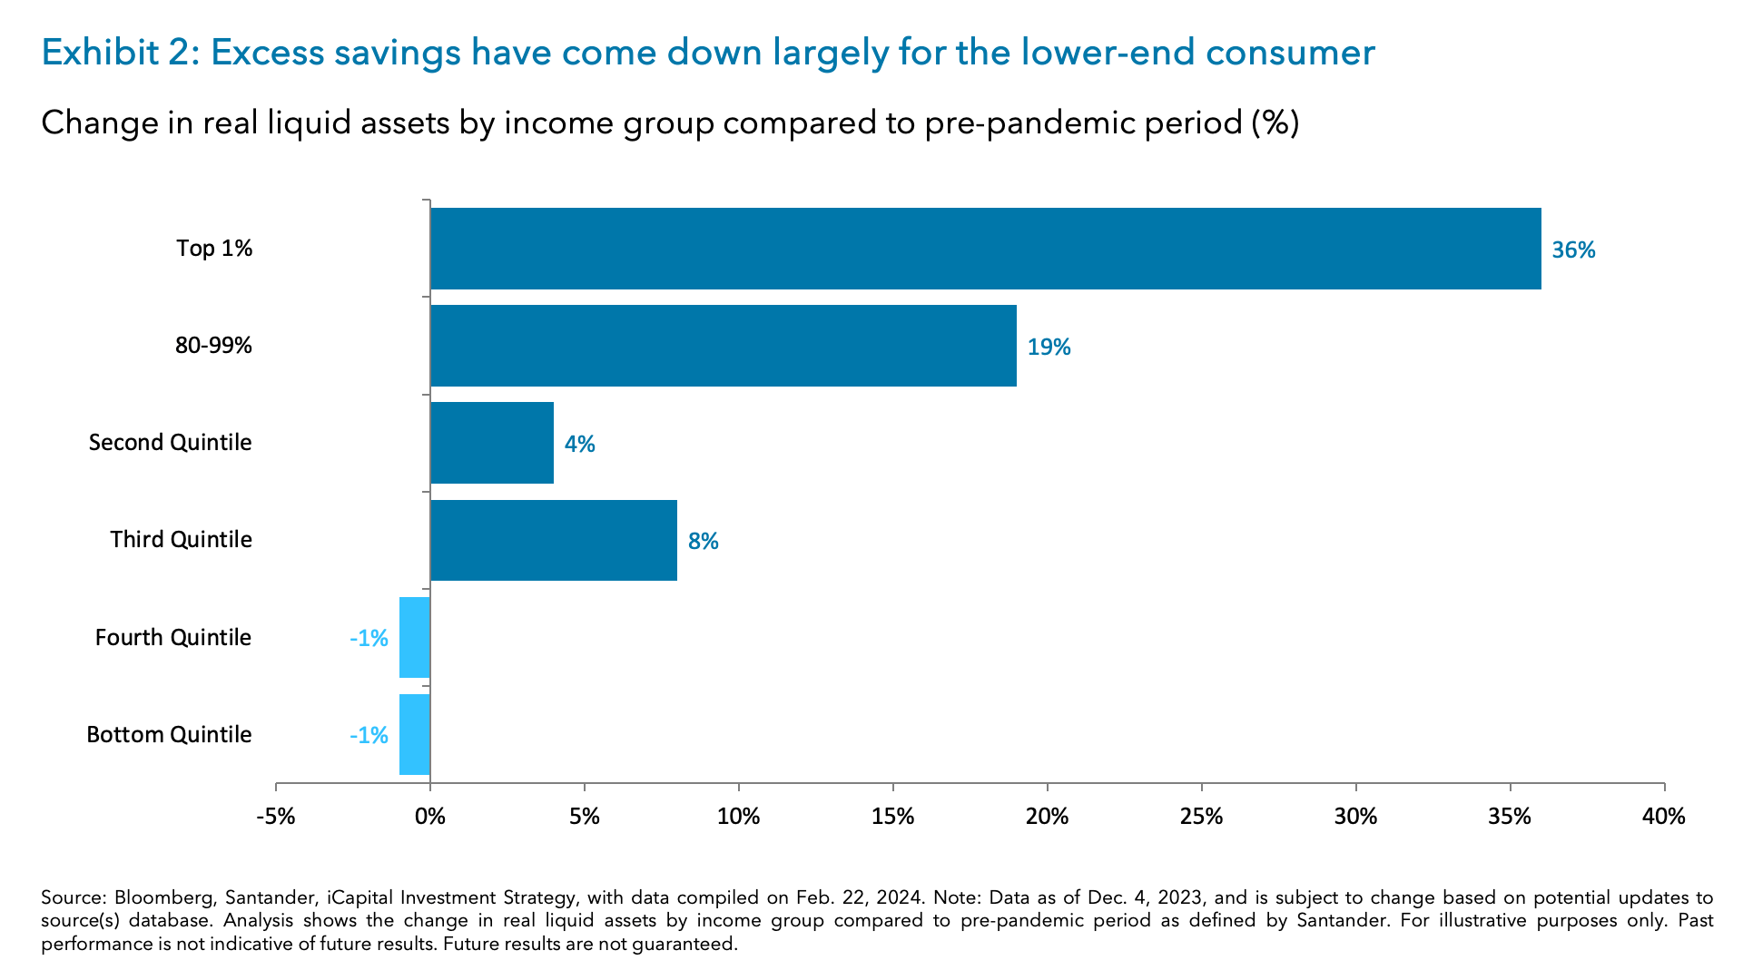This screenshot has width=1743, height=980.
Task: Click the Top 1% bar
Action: point(985,249)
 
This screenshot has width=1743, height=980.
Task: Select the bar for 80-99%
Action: point(723,346)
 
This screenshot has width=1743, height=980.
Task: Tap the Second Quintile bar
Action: point(491,443)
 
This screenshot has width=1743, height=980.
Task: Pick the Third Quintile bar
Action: point(553,540)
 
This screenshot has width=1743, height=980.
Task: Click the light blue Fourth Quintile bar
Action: point(415,637)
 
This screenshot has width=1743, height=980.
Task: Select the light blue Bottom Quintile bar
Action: point(415,734)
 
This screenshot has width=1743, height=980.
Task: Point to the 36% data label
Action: point(1572,250)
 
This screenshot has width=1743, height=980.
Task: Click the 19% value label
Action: point(1049,348)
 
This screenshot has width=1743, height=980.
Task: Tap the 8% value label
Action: point(703,542)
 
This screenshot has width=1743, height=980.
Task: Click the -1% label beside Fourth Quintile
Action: point(369,639)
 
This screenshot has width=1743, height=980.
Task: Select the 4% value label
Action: point(579,445)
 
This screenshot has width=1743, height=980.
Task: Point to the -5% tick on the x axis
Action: point(276,817)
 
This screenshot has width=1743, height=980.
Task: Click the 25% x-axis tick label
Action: point(1201,817)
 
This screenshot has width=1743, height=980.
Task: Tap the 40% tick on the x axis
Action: point(1663,817)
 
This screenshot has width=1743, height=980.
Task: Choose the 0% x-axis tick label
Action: point(430,817)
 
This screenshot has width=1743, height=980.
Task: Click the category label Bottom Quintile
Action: point(169,734)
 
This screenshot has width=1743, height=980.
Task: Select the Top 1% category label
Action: point(214,249)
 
